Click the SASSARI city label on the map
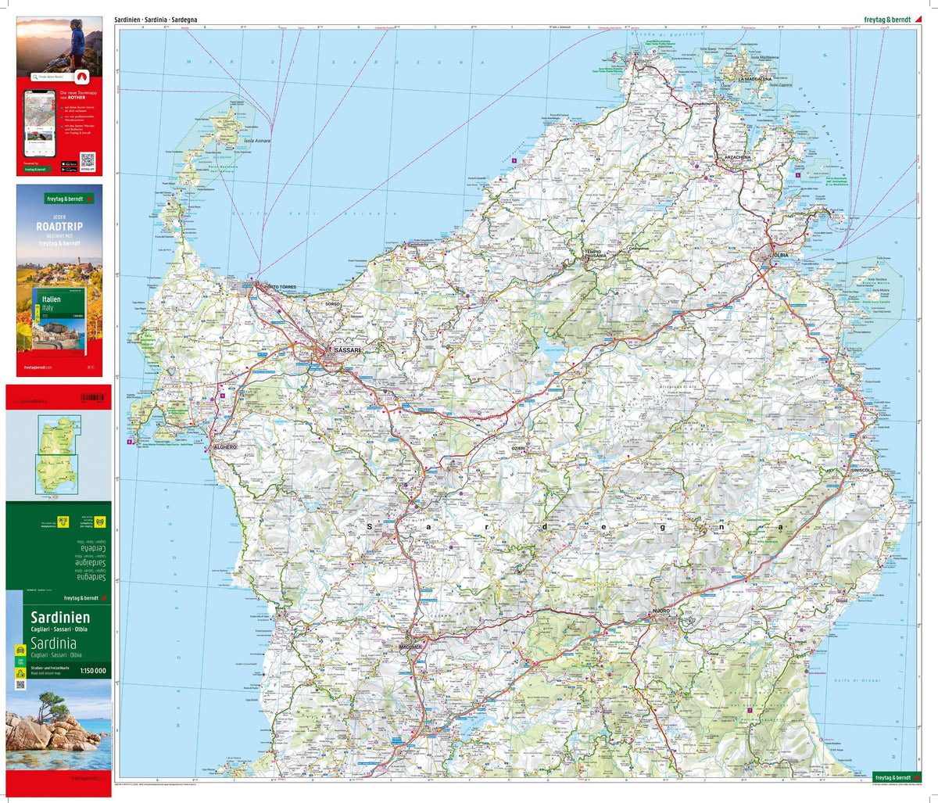coord(347,350)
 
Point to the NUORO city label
coord(661,611)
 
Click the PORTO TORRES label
coord(281,288)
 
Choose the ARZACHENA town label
coord(737,157)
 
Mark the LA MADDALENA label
coord(755,79)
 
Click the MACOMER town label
coord(410,647)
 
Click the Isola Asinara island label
coord(257,142)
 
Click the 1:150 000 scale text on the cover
coord(93,670)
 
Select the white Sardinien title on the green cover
coord(60,617)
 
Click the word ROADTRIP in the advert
coord(59,227)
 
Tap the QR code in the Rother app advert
coord(87,160)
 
